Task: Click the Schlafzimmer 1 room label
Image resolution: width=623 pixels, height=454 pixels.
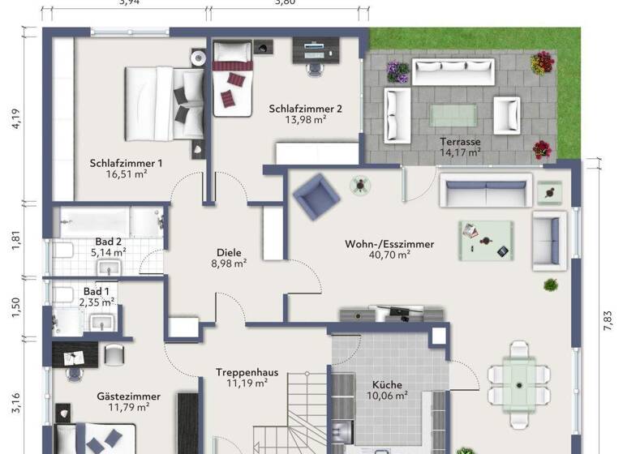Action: [x=126, y=162]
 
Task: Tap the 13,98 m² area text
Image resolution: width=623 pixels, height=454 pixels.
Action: [x=304, y=119]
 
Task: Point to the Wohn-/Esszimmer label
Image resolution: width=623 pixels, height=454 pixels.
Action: [x=389, y=243]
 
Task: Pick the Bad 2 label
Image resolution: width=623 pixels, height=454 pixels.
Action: [x=108, y=241]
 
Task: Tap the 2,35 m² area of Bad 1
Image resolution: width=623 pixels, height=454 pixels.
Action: [x=97, y=302]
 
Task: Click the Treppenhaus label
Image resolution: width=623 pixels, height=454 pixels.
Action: [x=247, y=372]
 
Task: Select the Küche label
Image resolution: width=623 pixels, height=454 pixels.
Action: [x=387, y=384]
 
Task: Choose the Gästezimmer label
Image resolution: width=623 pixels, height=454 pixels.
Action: [x=129, y=396]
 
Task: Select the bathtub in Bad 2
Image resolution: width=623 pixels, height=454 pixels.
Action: [x=107, y=222]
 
